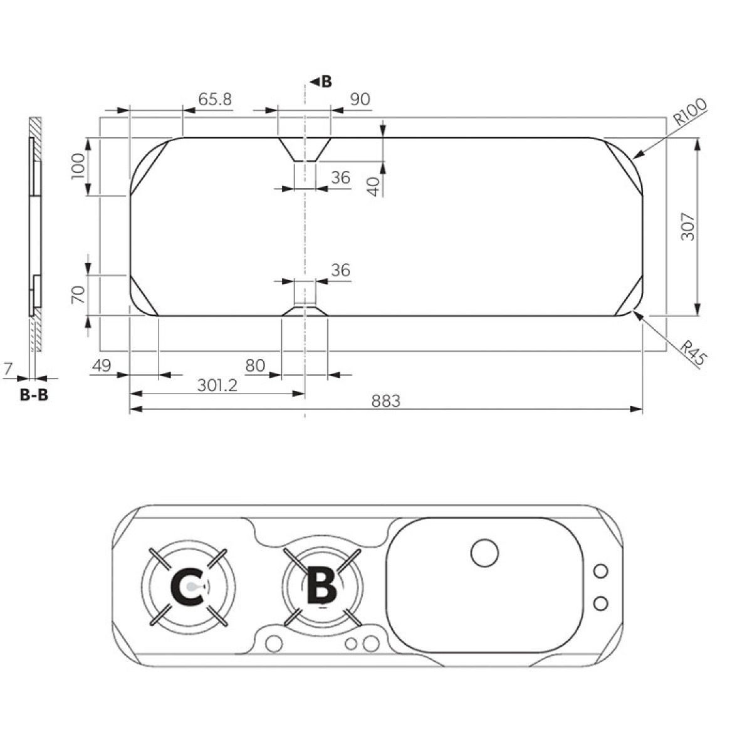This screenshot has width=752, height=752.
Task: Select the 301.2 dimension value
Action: (x=217, y=385)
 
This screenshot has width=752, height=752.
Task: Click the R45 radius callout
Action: (x=694, y=353)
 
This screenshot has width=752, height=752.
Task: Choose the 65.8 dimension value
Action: (x=215, y=99)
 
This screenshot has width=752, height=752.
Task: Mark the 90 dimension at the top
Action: (x=360, y=99)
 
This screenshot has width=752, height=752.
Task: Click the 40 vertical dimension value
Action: (x=373, y=186)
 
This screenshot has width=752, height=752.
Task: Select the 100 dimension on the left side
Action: (x=78, y=166)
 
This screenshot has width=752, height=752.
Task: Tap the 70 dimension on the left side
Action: (x=78, y=295)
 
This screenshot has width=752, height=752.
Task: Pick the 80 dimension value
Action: (x=256, y=365)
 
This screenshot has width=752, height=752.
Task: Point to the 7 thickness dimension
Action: (x=8, y=370)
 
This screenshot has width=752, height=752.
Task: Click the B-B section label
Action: (x=34, y=395)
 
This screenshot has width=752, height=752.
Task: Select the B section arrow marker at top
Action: (x=321, y=81)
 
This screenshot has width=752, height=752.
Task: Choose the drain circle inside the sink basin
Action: (x=484, y=552)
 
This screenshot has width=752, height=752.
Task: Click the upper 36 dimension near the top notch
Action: (x=340, y=178)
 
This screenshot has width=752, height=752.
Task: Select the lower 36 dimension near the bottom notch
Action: (x=340, y=271)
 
